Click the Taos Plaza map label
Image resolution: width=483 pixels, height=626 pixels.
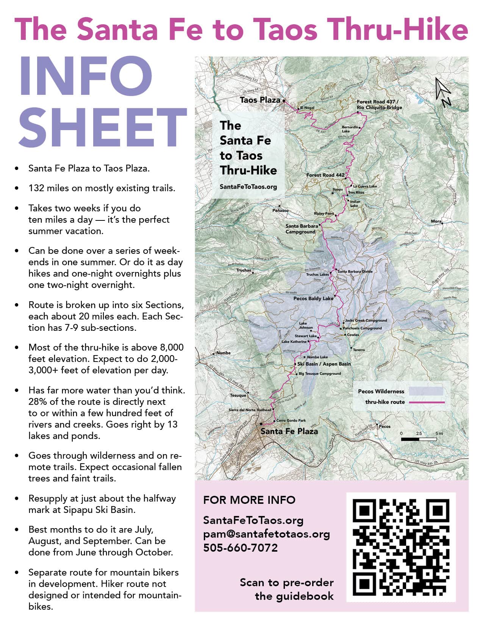pyautogui.click(x=260, y=100)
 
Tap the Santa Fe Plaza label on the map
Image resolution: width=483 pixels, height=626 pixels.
pyautogui.click(x=289, y=431)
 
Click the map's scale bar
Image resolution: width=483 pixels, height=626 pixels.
pyautogui.click(x=419, y=439)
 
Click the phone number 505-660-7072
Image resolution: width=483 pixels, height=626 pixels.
pyautogui.click(x=241, y=548)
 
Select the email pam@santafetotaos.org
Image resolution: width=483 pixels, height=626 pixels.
pyautogui.click(x=266, y=534)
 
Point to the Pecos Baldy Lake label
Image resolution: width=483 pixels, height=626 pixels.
pyautogui.click(x=313, y=299)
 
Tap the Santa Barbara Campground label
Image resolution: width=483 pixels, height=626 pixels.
pyautogui.click(x=302, y=228)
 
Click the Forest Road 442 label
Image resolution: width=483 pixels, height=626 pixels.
pyautogui.click(x=325, y=175)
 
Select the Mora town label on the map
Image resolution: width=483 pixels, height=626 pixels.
pyautogui.click(x=436, y=221)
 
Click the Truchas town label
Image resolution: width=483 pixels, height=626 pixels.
pyautogui.click(x=244, y=270)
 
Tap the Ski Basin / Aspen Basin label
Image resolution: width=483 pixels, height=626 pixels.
pyautogui.click(x=324, y=364)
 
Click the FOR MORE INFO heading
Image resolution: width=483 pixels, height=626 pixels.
pyautogui.click(x=249, y=500)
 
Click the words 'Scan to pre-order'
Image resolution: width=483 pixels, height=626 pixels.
pyautogui.click(x=286, y=582)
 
